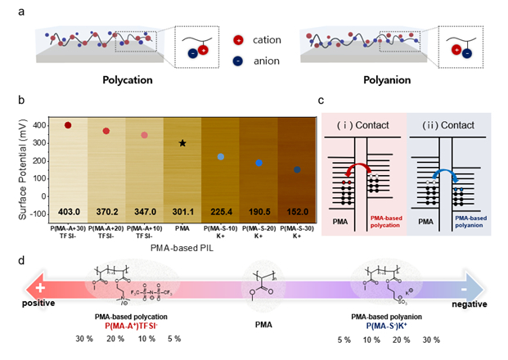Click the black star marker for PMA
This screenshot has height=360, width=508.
[x=182, y=143]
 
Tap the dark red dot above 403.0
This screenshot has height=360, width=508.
[x=68, y=125]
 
